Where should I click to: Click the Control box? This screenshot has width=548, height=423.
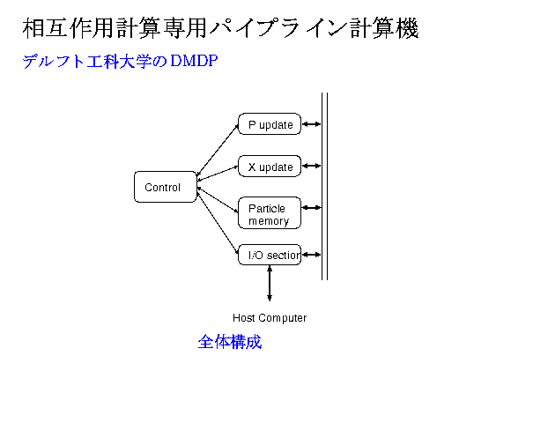165,187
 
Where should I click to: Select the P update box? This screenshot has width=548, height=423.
270,124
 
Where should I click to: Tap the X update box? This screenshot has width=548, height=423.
270,166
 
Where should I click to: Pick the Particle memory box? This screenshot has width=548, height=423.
270,213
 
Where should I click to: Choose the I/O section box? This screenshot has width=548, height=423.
270,255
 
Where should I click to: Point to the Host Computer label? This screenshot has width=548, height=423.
270,317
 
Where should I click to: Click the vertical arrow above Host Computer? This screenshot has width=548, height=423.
270,284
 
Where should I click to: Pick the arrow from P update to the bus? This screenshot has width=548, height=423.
311,124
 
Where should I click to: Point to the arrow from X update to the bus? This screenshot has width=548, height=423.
311,166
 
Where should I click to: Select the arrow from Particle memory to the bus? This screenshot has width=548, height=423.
311,209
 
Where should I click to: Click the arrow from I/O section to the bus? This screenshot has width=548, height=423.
311,255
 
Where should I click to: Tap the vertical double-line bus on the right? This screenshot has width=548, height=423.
324,185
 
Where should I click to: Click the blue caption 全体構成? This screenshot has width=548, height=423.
230,342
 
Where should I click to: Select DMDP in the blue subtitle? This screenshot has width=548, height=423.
194,62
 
